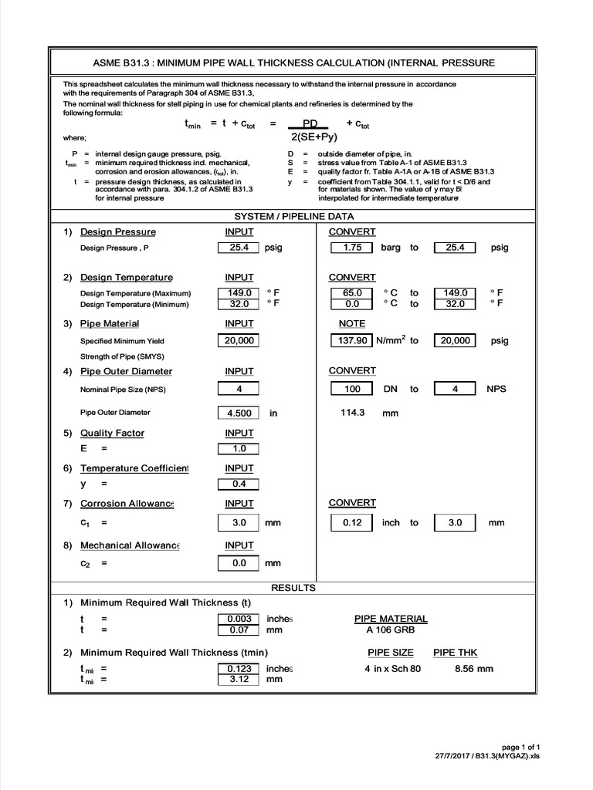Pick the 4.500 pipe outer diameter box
click(239, 413)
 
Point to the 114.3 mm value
click(354, 413)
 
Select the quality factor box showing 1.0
click(239, 448)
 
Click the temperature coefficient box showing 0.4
click(239, 484)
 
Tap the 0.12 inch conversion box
click(351, 522)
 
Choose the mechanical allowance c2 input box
click(239, 563)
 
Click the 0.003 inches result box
click(239, 619)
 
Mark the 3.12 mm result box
click(239, 680)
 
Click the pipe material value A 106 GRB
click(390, 630)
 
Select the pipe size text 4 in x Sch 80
click(392, 668)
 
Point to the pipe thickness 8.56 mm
click(473, 668)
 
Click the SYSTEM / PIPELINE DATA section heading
click(293, 217)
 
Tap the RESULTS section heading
click(293, 588)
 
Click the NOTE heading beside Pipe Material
click(352, 324)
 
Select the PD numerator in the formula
click(309, 123)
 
